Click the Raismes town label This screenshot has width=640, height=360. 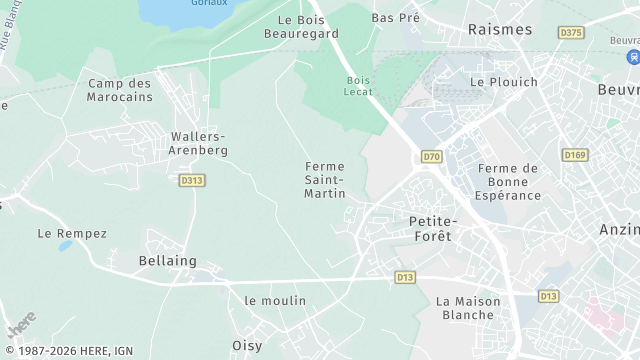click(x=500, y=30)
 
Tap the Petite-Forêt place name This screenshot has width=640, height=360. click(x=431, y=228)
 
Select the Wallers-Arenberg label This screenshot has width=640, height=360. click(x=199, y=143)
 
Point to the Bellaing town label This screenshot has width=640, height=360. click(x=167, y=261)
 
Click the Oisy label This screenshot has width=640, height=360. click(x=247, y=346)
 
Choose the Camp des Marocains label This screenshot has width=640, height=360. click(x=120, y=90)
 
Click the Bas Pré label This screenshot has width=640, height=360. click(x=395, y=18)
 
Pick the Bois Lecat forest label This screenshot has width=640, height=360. click(x=358, y=85)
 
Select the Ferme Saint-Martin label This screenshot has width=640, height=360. click(x=325, y=179)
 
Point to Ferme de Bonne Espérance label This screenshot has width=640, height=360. click(x=508, y=182)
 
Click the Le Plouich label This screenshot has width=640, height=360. click(x=503, y=82)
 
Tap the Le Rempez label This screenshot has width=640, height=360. click(x=72, y=233)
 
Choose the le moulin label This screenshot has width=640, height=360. click(x=275, y=300)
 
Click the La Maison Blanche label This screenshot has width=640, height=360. click(x=465, y=308)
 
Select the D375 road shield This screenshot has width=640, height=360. click(x=571, y=33)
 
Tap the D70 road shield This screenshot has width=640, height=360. click(x=431, y=157)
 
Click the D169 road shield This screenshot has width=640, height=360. click(x=574, y=155)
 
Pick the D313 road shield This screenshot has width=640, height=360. click(x=192, y=181)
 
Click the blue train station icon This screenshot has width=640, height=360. click(x=632, y=57)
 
